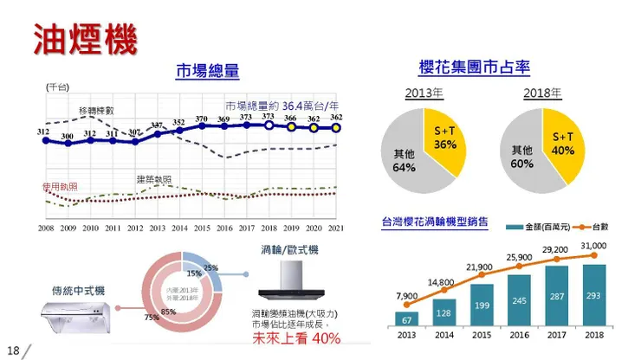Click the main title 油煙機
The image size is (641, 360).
[85, 38]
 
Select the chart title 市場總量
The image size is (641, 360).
[207, 71]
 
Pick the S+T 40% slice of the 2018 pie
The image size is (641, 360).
[564, 143]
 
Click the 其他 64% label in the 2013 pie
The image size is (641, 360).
[405, 160]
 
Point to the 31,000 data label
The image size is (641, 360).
[594, 246]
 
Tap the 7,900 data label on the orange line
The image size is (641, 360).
[406, 297]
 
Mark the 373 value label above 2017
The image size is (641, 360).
[246, 117]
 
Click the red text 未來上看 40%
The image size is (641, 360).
[295, 337]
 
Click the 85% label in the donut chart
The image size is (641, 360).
[168, 311]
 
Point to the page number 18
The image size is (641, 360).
[12, 350]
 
